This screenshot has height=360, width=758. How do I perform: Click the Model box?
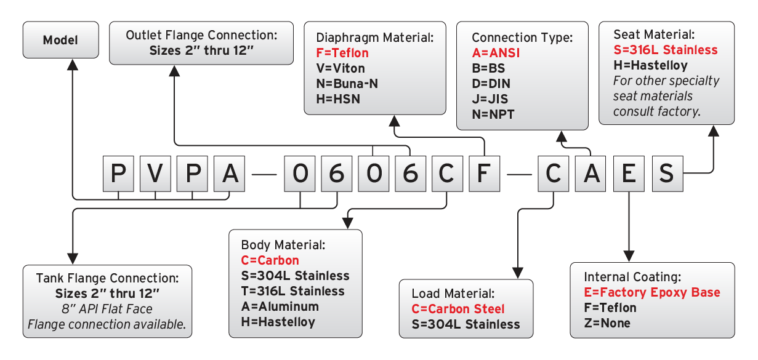click(x=60, y=41)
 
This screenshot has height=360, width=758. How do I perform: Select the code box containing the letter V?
click(x=155, y=174)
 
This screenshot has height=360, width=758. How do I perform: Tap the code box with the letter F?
click(x=485, y=174)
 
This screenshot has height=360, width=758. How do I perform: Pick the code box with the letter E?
click(x=628, y=174)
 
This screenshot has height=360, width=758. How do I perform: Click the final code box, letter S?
click(x=666, y=174)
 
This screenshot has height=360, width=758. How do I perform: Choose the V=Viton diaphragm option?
click(x=336, y=68)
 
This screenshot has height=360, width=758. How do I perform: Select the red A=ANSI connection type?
click(x=496, y=53)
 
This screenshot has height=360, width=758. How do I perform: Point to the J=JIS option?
click(x=491, y=98)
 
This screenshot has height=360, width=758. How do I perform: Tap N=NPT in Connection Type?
click(x=493, y=114)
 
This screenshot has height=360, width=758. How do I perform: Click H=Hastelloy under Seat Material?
click(x=651, y=65)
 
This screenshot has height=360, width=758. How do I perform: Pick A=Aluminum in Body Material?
click(x=280, y=306)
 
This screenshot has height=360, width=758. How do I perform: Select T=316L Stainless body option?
click(x=293, y=290)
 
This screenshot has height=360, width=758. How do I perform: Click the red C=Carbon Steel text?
click(x=458, y=309)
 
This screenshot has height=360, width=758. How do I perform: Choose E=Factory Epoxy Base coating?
click(x=652, y=292)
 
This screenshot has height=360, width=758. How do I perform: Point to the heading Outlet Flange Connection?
click(x=201, y=35)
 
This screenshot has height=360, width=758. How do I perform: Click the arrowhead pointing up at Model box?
click(x=72, y=64)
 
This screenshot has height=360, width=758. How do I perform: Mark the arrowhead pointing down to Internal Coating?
click(x=629, y=254)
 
